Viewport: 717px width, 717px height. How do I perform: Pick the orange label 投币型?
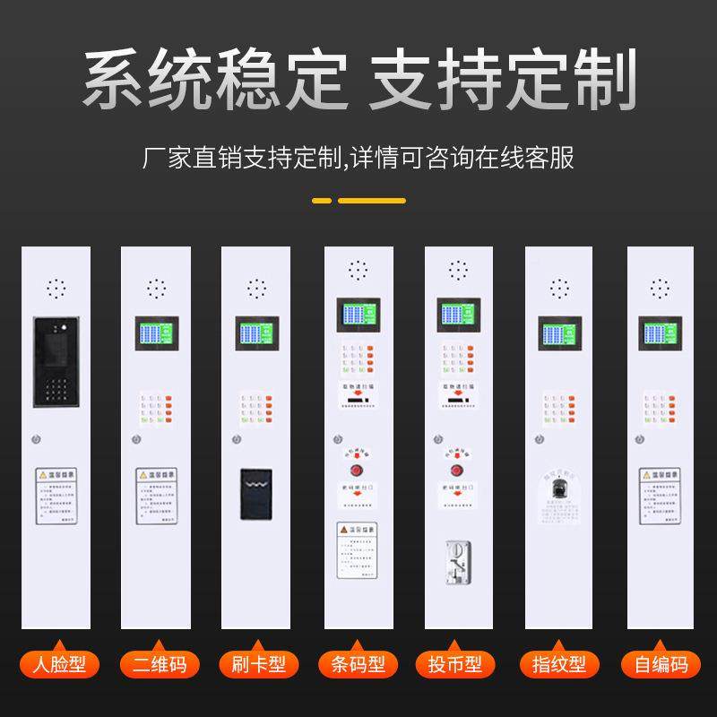(458, 664)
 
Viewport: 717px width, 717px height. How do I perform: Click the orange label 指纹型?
(559, 664)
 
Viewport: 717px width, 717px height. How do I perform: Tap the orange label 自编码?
(660, 664)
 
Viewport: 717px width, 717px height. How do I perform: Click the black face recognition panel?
(56, 359)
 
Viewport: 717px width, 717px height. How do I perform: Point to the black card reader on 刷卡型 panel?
(257, 494)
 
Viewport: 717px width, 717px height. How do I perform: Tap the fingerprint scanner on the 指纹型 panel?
(559, 488)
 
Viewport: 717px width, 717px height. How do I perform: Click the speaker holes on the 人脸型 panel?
(56, 289)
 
